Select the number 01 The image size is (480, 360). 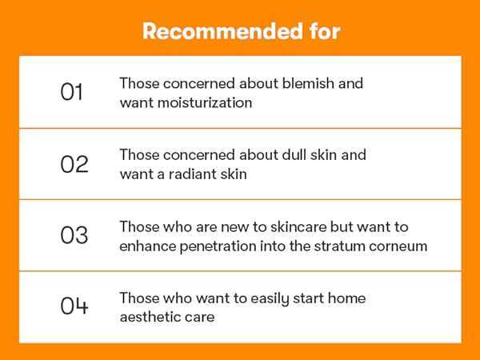click(71, 91)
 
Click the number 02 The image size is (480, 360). click(74, 164)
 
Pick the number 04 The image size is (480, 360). click(74, 306)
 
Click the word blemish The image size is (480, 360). click(308, 83)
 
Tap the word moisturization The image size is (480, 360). click(205, 102)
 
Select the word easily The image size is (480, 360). click(270, 298)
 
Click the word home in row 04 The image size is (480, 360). click(346, 298)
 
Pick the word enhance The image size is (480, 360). click(147, 246)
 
